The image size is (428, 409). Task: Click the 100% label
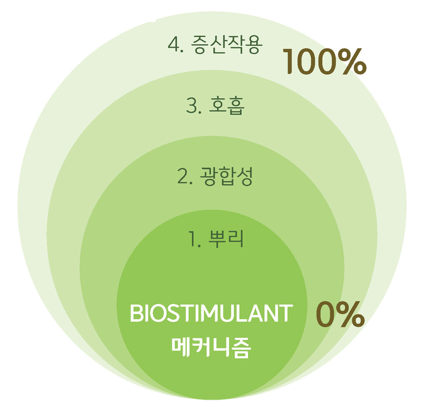[x=324, y=62]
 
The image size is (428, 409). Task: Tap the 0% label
[x=340, y=314]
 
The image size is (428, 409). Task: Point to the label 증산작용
[x=227, y=45]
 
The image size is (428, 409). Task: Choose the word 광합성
[x=227, y=177]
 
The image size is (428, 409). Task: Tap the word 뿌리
[x=226, y=239]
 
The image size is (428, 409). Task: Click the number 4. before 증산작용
[x=176, y=45]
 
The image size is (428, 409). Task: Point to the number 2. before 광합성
[x=185, y=177]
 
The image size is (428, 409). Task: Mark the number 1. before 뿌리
[x=195, y=239]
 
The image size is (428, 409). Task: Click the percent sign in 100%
[x=352, y=62]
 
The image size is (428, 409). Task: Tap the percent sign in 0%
[x=351, y=314]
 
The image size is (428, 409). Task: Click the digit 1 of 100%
[x=290, y=62]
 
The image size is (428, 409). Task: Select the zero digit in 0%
[x=326, y=314]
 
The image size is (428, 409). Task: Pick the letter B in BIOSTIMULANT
[x=136, y=314]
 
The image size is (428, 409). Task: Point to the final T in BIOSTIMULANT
[x=286, y=314]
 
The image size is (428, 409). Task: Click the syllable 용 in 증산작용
[x=254, y=45]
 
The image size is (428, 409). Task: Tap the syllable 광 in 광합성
[x=208, y=177]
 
